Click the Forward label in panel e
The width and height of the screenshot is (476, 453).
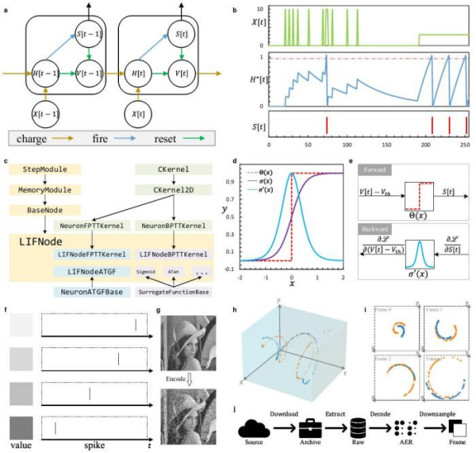[x=366, y=169]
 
